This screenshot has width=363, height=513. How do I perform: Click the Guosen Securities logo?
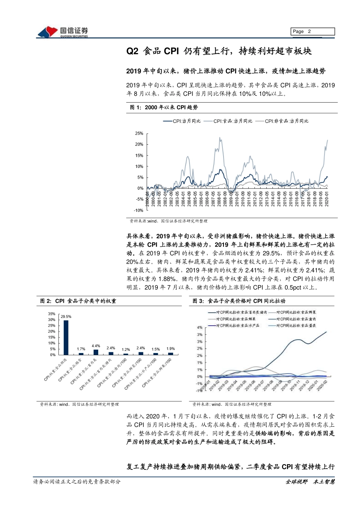(63, 32)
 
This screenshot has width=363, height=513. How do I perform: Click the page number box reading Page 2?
(313, 32)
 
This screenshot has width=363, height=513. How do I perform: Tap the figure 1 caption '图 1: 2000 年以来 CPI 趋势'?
(164, 108)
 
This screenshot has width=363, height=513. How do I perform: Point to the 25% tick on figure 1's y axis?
(139, 134)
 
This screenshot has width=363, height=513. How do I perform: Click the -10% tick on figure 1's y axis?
(138, 210)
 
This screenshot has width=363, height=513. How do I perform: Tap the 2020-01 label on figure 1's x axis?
(327, 199)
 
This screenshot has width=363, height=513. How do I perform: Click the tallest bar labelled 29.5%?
(66, 337)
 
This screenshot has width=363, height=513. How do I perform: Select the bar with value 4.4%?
(96, 352)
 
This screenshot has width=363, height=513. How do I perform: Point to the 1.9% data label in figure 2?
(170, 349)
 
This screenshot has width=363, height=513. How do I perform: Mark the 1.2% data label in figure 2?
(126, 350)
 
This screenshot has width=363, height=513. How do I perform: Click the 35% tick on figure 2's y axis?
(52, 314)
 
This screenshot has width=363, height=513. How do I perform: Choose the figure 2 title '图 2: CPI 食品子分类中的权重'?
(78, 301)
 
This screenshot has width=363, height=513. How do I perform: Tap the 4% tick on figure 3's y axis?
(200, 327)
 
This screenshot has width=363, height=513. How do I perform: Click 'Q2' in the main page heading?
(132, 51)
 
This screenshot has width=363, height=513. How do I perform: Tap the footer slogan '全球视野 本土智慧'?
(310, 482)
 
